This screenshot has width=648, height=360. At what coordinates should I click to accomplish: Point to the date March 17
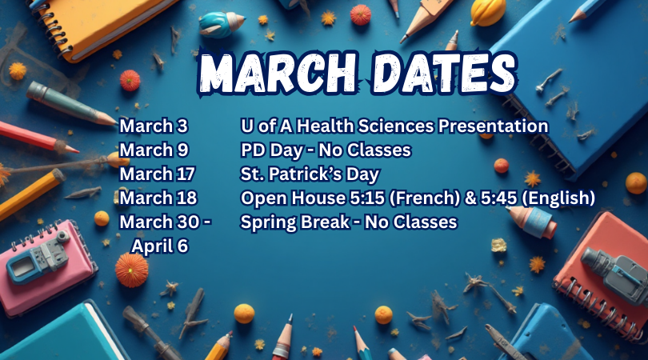click(x=157, y=174)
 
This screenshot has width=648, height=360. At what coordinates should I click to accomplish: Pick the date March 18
click(x=157, y=198)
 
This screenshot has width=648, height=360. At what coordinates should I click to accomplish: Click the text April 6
click(x=160, y=246)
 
